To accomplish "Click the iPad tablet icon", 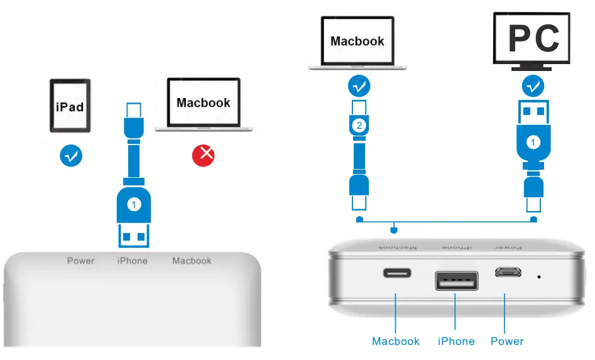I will tap(70, 106).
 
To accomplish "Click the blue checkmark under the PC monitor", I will tap(533, 85).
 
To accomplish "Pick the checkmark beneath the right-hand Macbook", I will tap(359, 86).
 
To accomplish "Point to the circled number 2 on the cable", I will tap(359, 126).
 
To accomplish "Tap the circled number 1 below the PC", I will tap(533, 143).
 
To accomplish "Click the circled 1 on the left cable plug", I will tap(133, 204).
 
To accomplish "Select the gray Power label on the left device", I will tap(80, 261).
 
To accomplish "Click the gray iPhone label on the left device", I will tap(133, 261).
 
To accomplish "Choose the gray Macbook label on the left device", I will tap(192, 261).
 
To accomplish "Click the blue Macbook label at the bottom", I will tap(396, 341).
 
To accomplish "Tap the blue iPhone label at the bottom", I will tap(456, 341).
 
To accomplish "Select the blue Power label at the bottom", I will tap(506, 341).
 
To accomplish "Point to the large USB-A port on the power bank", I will tap(456, 280).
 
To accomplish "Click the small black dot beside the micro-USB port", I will tap(539, 276).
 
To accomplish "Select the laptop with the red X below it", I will tap(204, 105).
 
